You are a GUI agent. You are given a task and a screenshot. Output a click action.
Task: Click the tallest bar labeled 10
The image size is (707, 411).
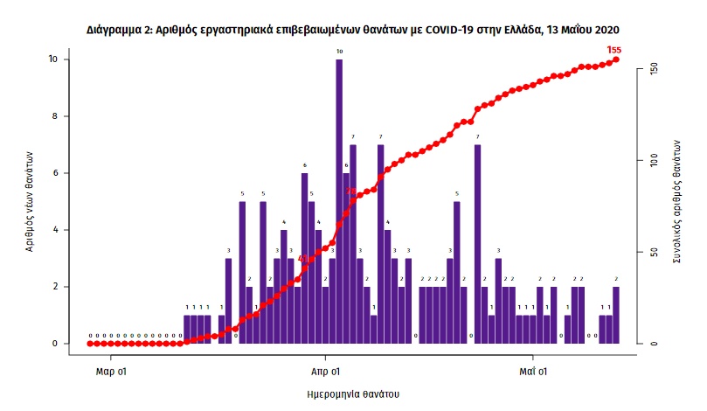[339, 201]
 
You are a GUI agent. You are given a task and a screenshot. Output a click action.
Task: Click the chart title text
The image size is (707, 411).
[353, 29]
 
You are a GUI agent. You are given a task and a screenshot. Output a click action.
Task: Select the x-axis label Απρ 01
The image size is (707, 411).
[325, 370]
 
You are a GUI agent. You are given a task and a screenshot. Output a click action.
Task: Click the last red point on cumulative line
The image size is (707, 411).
[616, 59]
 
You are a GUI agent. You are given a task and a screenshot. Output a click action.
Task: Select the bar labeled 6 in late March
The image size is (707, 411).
[304, 258]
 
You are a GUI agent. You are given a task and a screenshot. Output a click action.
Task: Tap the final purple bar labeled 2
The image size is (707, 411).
[616, 315]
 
